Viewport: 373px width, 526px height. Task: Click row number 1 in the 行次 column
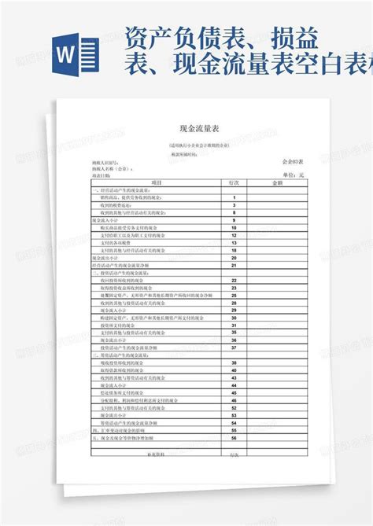tap(234, 197)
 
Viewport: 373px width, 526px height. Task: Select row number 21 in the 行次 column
tap(234, 266)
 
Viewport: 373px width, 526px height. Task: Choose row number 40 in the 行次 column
tap(234, 370)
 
